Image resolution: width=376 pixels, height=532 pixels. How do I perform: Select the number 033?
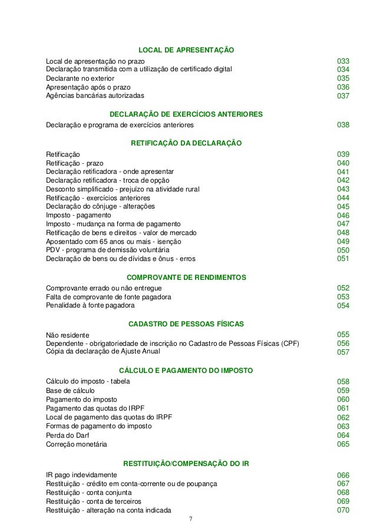[x=343, y=61]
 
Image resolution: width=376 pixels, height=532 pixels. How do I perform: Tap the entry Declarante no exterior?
[x=80, y=78]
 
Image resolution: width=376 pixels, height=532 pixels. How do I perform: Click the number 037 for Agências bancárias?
[x=343, y=96]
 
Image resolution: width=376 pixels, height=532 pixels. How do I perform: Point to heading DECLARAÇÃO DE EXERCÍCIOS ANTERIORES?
[x=186, y=113]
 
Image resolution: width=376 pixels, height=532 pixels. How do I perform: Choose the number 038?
[x=343, y=125]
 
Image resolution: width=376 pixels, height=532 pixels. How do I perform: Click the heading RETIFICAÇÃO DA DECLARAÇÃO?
[x=186, y=143]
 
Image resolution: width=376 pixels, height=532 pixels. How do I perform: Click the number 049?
[x=343, y=242]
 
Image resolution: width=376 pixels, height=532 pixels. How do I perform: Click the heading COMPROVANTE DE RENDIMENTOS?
[x=186, y=277]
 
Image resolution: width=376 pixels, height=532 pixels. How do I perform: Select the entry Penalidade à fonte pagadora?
[x=90, y=305]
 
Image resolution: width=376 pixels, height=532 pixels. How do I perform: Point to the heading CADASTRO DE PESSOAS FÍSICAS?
[x=186, y=323]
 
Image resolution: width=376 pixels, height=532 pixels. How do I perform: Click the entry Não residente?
[x=68, y=335]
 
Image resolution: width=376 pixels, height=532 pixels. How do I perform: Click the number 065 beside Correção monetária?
[x=343, y=444]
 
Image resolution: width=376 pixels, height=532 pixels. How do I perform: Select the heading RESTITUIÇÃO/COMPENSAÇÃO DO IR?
[x=186, y=463]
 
